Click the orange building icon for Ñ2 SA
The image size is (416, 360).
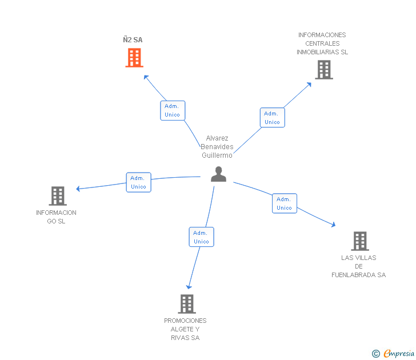pos(134,58)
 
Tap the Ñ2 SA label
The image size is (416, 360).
pos(133,40)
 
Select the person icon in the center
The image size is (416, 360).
pos(218,174)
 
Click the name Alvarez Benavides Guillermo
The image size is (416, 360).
pos(217,147)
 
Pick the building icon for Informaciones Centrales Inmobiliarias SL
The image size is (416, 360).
pos(324,70)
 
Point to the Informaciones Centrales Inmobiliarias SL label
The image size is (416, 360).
pos(322,43)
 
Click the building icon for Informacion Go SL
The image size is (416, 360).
pos(58,196)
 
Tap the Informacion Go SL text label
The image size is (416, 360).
pos(56,217)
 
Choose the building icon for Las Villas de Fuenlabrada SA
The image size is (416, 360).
pos(359,241)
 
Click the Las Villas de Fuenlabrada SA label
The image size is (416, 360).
pos(359,266)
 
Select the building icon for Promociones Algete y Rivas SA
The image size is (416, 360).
pos(187,303)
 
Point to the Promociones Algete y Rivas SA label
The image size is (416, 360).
pos(185,329)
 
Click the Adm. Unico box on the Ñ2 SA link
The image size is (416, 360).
pos(172,110)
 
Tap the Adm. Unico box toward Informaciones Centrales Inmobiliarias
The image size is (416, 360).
pos(272,118)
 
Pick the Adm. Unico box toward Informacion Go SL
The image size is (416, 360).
pos(138,182)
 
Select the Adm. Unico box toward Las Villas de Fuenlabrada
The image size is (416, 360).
pos(284,203)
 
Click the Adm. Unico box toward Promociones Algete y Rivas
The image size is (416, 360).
pos(201,237)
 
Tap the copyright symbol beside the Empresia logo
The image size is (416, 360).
pos(375,354)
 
